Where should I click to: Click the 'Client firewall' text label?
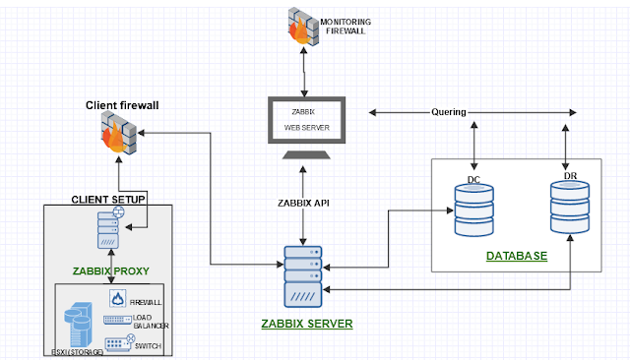pyautogui.click(x=120, y=103)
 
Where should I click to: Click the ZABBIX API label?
pyautogui.click(x=304, y=202)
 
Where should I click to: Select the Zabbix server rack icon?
pyautogui.click(x=303, y=275)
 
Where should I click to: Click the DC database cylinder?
pyautogui.click(x=473, y=209)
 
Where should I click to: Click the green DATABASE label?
pyautogui.click(x=516, y=256)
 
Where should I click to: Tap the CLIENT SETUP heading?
pyautogui.click(x=108, y=200)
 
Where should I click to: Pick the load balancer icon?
pyautogui.click(x=115, y=322)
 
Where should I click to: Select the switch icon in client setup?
pyautogui.click(x=116, y=343)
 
